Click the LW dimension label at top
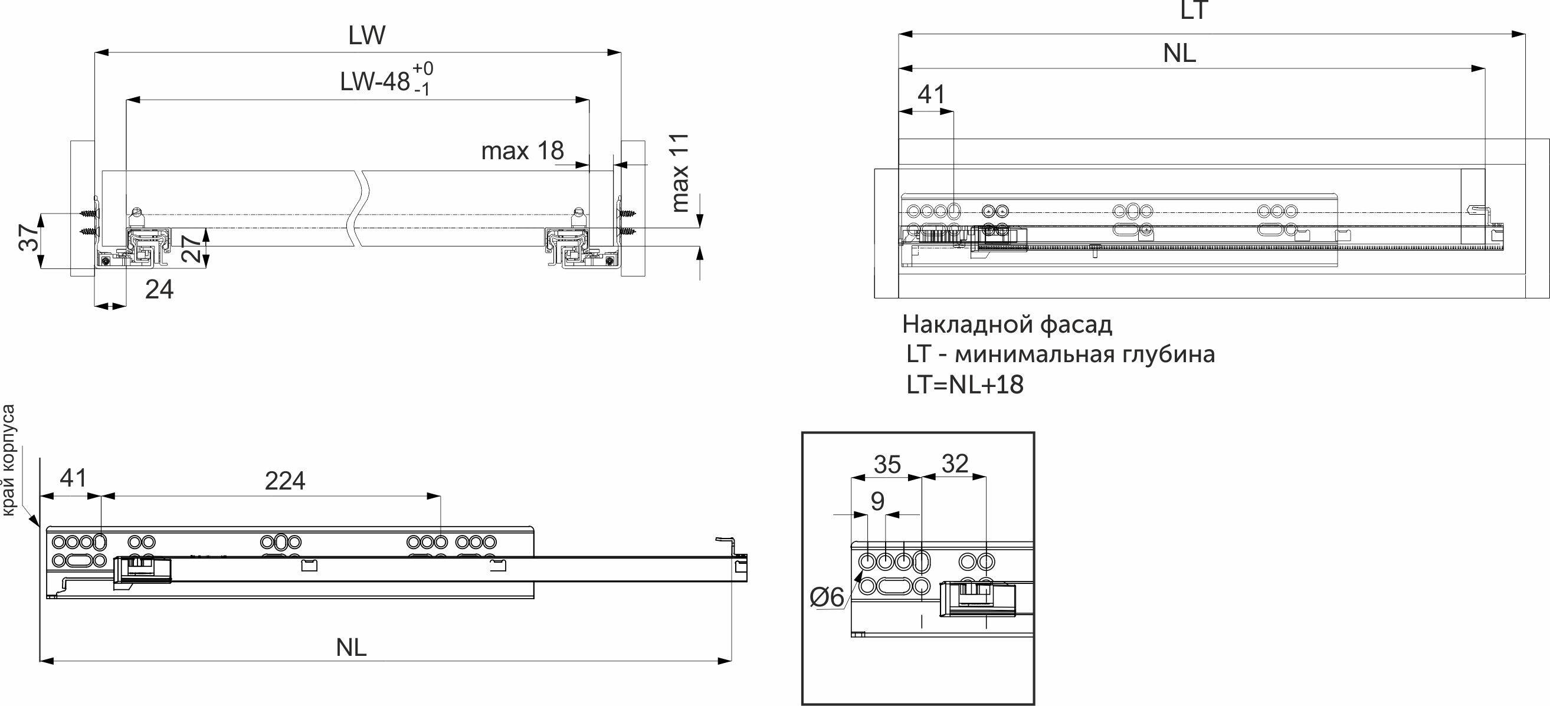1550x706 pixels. pos(366,36)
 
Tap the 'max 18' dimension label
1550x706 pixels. pos(522,151)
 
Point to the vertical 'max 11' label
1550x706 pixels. pos(679,173)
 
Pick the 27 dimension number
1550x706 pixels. pos(190,247)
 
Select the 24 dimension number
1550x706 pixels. pos(159,290)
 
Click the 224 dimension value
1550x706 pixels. pos(285,481)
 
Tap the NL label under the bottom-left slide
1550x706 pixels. pos(352,648)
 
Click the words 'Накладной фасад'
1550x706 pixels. pos(1007,325)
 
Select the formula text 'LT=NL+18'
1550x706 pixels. pos(965,385)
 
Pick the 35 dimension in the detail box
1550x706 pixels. pos(887,465)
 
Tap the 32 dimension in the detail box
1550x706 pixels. pos(955,464)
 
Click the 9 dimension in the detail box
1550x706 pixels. pos(877,501)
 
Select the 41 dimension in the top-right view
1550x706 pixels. pos(931,94)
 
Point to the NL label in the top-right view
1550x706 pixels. pos(1179,54)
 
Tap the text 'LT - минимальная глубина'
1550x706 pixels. pos(1060,354)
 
